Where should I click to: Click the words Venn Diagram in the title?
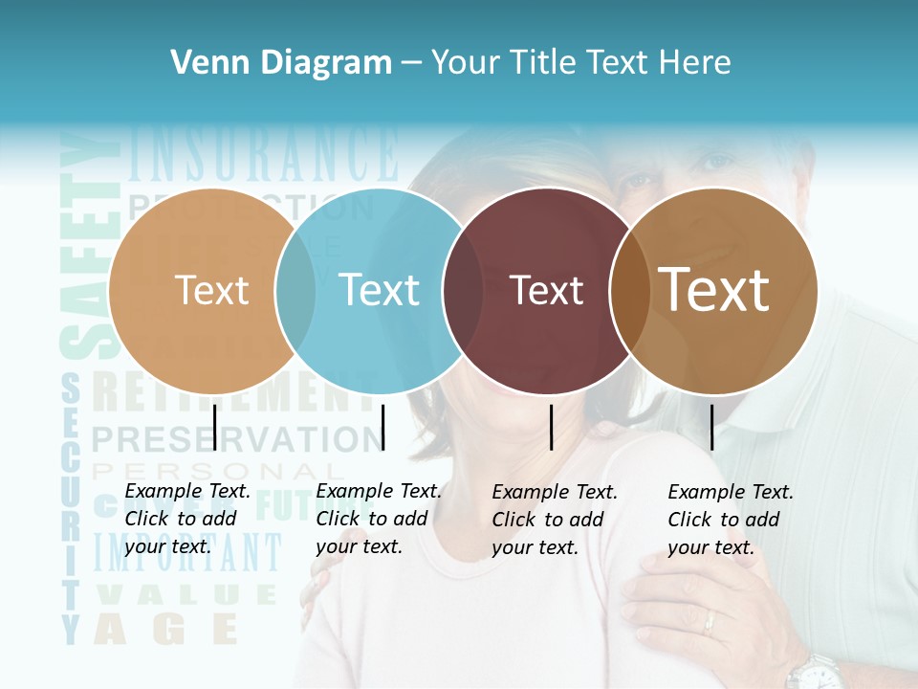[x=281, y=63]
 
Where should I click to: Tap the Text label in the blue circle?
[x=379, y=290]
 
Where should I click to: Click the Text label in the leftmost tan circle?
[x=211, y=290]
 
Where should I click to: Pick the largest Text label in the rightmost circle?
[x=714, y=289]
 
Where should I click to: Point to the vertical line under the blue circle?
[x=382, y=427]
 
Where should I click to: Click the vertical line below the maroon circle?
[x=552, y=427]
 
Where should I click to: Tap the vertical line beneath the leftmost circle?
[x=214, y=427]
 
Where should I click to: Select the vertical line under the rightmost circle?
[x=711, y=427]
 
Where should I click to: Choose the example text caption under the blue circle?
[x=378, y=519]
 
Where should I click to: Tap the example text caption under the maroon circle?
[x=554, y=520]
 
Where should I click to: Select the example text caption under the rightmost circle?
[x=730, y=520]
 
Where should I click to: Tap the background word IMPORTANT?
[x=188, y=553]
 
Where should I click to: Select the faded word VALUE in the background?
[x=186, y=594]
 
